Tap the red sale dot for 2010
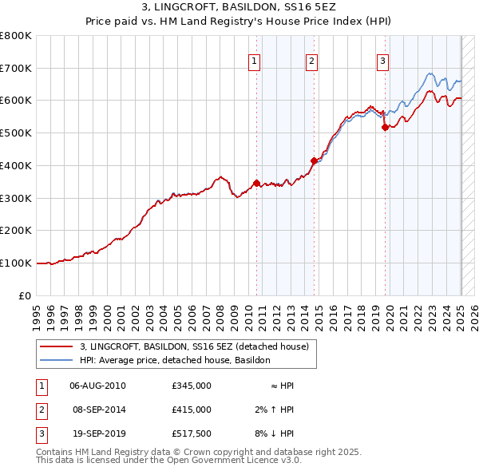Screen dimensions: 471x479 click(256, 183)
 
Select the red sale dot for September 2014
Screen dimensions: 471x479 click(314, 160)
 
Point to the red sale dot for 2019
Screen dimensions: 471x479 click(385, 127)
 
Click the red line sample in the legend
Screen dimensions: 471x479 click(56, 346)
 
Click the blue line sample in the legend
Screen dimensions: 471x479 click(56, 360)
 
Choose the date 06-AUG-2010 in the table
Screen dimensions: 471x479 click(97, 386)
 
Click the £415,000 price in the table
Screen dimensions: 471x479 click(192, 410)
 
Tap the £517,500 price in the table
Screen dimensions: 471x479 click(192, 433)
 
